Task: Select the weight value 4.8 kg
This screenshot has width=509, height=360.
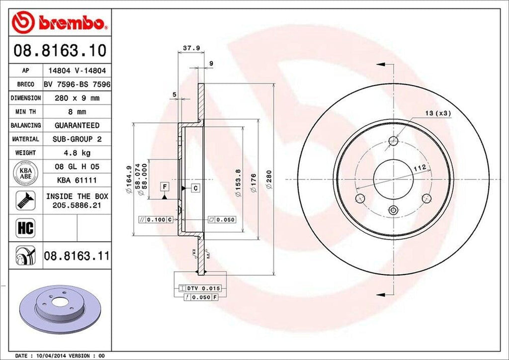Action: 77,153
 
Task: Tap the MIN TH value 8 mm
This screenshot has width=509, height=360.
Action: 77,112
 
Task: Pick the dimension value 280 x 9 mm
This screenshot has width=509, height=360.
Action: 77,98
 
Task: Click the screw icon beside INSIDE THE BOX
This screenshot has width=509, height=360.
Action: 24,200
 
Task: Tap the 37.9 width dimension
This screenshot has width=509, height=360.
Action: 188,48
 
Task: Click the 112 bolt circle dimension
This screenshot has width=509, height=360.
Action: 419,169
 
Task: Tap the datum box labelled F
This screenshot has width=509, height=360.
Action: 164,187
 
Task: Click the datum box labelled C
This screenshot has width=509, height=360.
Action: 196,188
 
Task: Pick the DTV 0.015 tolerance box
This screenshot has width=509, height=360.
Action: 199,288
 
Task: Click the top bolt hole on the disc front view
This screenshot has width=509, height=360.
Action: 393,141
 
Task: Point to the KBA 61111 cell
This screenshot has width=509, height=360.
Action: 77,180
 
